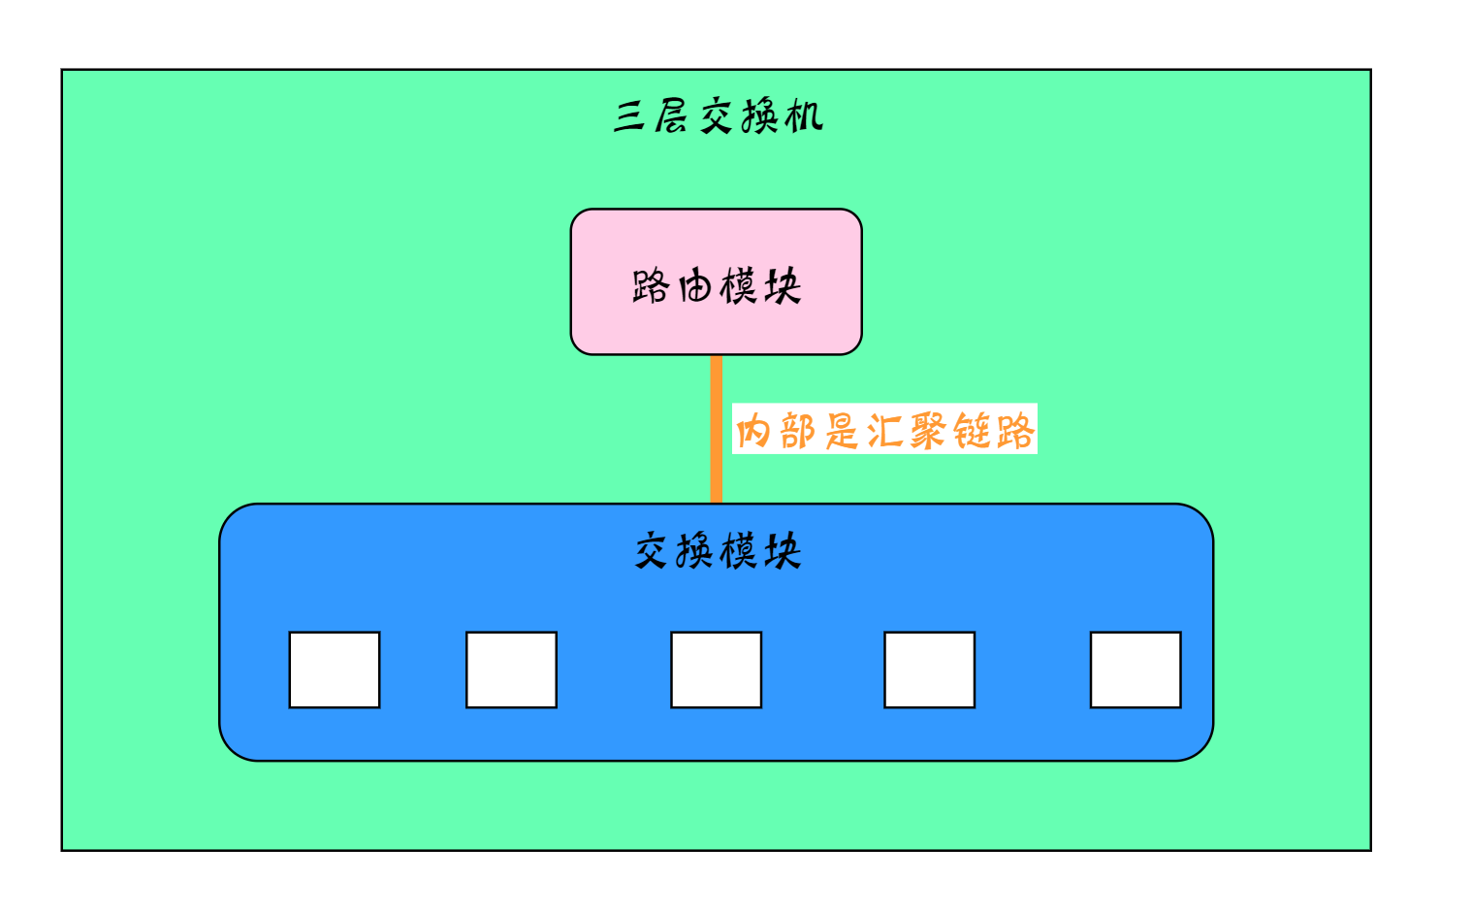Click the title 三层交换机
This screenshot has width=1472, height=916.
coord(718,117)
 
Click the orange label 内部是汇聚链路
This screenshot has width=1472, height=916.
coord(884,430)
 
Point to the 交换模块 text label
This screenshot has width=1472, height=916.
coord(718,551)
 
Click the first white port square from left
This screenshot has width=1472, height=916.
coord(335,670)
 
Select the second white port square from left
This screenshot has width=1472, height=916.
coord(511,670)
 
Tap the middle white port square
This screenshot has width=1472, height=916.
coord(716,670)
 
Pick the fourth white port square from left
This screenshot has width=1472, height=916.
coord(929,670)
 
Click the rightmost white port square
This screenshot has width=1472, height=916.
coord(1136,670)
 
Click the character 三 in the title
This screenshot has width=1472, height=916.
coord(631,117)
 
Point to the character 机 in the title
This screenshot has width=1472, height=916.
coord(804,117)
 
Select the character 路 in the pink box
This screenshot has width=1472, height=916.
coord(651,286)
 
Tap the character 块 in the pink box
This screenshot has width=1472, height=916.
coord(782,286)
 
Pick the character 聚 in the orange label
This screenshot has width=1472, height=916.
coord(928,430)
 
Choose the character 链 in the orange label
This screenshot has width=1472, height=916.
coord(972,430)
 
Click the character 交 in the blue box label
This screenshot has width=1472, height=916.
coord(653,551)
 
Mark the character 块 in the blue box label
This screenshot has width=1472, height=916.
coord(782,551)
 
